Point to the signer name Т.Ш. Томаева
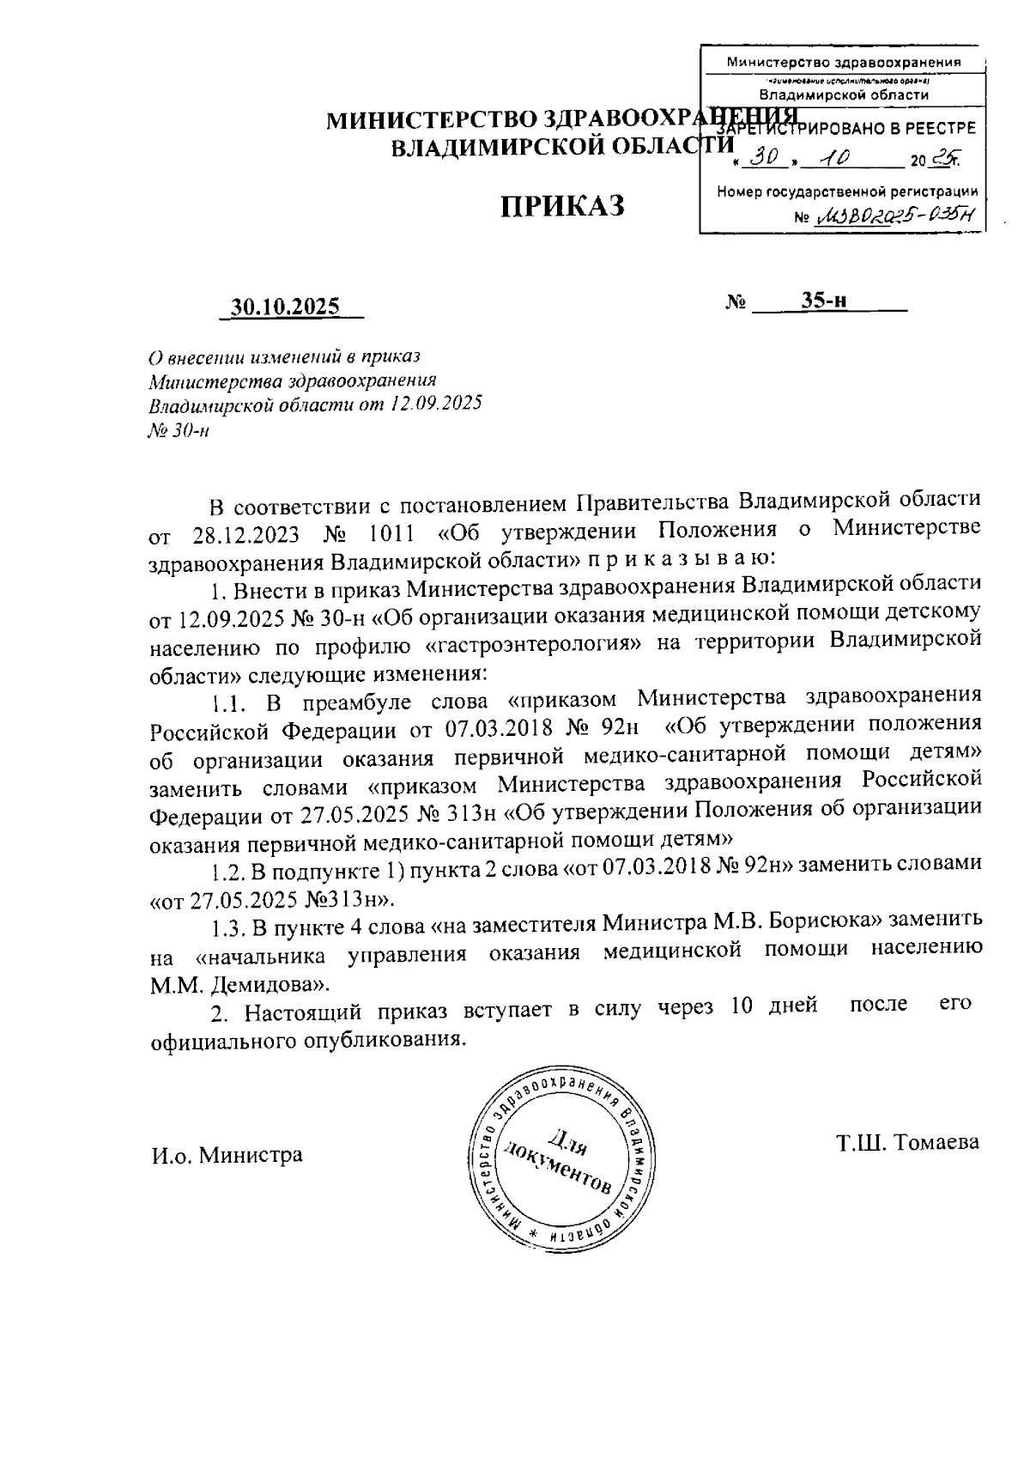coord(909,1142)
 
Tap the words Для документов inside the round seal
coord(559,1164)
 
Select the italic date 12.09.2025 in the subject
coord(435,404)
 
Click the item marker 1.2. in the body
coord(228,872)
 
